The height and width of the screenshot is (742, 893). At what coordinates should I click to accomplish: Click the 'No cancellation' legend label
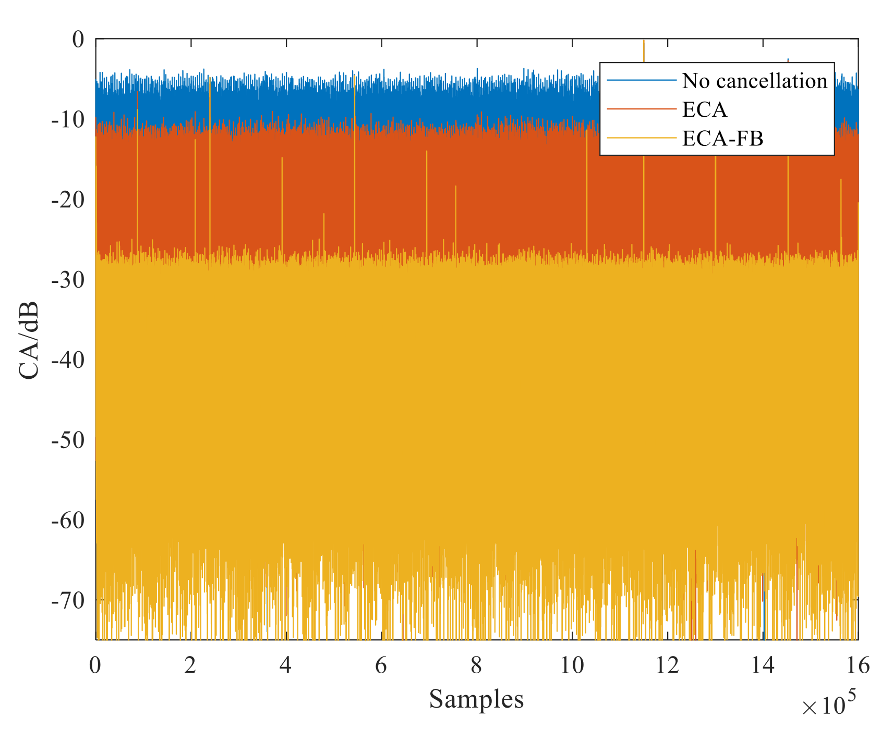pos(754,81)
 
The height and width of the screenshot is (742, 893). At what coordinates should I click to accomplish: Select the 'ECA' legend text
pos(704,109)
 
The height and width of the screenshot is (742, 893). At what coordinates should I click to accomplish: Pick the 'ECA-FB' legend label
pos(722,138)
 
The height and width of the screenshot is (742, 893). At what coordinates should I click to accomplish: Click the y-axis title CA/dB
pos(29,340)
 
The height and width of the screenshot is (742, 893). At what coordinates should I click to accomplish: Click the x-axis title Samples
pos(476,699)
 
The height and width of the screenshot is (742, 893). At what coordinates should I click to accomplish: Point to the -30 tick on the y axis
pos(68,280)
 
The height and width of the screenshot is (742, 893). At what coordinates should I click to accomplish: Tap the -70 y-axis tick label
pos(68,601)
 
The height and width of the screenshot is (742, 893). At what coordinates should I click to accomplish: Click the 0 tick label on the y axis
pos(78,40)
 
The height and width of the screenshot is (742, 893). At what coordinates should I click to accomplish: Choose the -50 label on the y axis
pos(68,441)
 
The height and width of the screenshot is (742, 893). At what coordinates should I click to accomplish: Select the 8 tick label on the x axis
pos(476,666)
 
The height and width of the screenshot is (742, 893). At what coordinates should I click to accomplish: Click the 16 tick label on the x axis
pos(858,666)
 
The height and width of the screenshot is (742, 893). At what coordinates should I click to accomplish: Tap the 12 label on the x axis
pos(667,666)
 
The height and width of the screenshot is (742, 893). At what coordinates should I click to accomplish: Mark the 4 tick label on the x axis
pos(285,666)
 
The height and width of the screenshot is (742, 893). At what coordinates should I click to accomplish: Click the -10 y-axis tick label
pos(68,120)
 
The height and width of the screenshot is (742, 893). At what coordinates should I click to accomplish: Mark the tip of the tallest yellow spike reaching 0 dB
pos(644,40)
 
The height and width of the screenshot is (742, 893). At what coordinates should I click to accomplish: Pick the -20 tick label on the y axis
pos(68,200)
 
